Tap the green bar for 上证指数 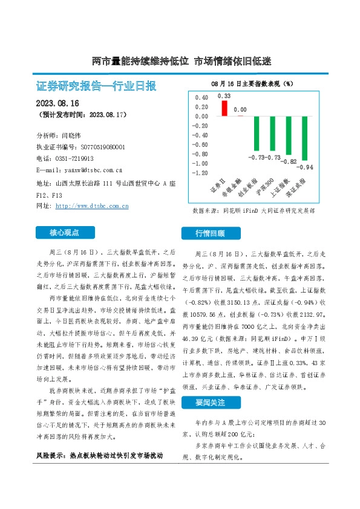coord(290,135)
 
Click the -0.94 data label coord(306,167)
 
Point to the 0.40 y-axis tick coord(200,97)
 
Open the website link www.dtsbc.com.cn coord(91,206)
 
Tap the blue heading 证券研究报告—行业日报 coord(96,86)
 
